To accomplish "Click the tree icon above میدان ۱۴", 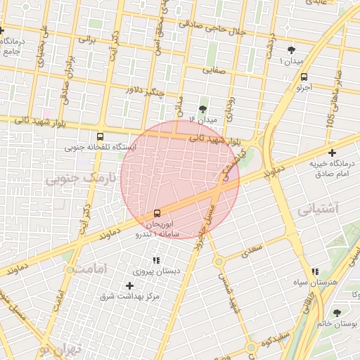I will coord(204,109).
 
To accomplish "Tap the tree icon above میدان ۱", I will coord(292,50).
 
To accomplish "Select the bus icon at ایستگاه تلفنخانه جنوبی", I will coord(99,136).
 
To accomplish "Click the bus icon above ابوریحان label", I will coord(156,212).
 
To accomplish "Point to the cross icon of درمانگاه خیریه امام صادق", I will coord(332,153).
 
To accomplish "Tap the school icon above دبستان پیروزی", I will coord(155,261).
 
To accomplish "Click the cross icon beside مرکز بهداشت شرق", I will coord(129,285).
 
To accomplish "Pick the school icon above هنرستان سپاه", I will coord(314,271).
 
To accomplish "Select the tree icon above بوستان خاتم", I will coord(336,313).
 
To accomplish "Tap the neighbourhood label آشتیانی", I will coord(318,210).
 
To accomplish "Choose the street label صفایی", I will coord(213,70).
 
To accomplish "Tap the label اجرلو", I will coord(304,88).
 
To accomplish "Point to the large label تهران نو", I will coord(60,349).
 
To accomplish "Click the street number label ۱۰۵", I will coord(330,120).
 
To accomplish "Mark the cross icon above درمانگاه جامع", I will coord(2,31).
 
